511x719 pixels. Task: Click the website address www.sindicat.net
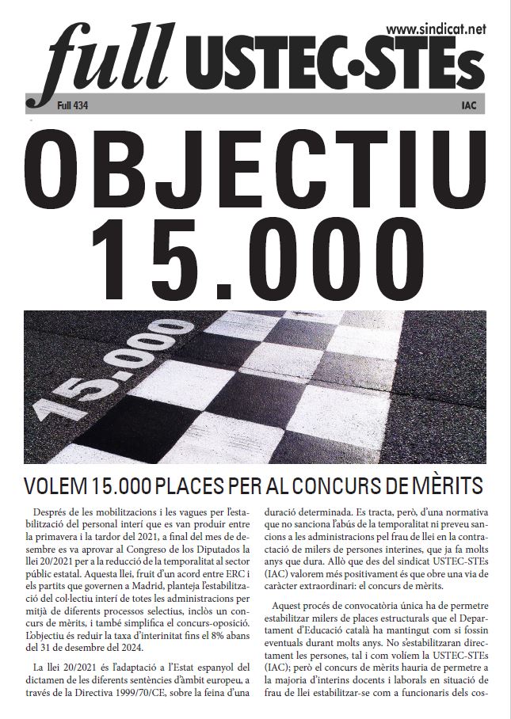(435, 29)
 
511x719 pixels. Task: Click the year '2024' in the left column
(131, 649)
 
